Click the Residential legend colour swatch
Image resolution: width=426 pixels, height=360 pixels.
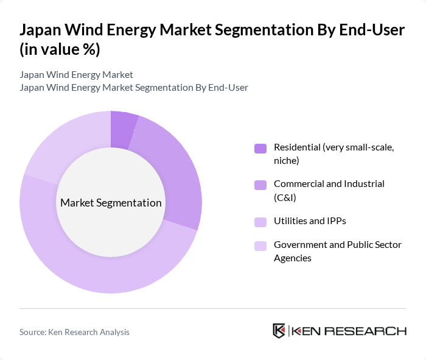[260, 148]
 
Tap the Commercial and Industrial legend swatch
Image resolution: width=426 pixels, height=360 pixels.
[260, 185]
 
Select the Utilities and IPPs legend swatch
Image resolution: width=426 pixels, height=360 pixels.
[260, 222]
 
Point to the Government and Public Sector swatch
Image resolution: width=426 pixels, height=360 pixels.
[260, 246]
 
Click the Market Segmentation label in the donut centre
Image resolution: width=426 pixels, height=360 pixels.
[111, 203]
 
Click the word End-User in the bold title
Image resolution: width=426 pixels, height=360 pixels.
[372, 30]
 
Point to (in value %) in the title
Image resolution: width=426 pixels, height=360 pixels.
[60, 50]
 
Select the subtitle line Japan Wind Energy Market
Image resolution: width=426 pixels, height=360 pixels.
[76, 75]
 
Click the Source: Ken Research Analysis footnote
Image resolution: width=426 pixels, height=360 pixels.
[74, 332]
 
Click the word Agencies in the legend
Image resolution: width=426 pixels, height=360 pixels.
[293, 258]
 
